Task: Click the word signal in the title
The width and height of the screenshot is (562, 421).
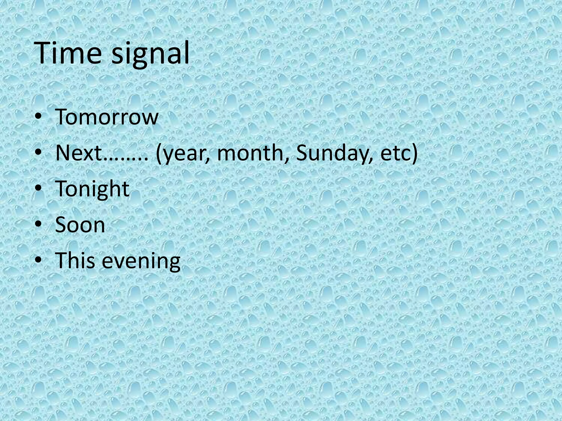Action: (x=150, y=55)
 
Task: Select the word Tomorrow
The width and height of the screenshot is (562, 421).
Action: (x=107, y=117)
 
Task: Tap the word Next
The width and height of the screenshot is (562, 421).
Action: (x=78, y=153)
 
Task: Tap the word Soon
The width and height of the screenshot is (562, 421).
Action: (x=80, y=225)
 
